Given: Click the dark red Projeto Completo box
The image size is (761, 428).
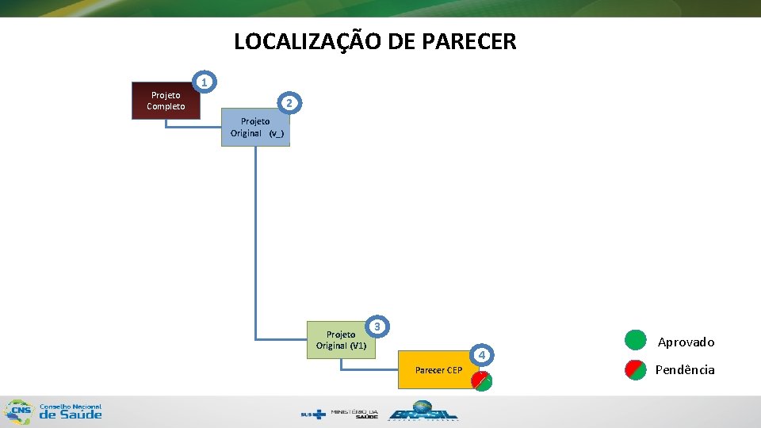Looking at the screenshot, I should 166,101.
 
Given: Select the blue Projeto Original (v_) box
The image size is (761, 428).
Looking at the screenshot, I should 255,127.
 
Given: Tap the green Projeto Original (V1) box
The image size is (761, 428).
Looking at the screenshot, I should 341,340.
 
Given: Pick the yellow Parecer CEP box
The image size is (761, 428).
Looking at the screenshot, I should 438,370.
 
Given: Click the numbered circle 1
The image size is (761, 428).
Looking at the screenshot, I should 205,82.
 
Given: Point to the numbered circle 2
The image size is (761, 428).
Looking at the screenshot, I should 290,103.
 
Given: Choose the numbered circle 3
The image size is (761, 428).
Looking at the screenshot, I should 378,326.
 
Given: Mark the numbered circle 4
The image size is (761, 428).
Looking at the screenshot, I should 482,354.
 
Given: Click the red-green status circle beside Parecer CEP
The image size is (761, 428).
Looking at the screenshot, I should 481,380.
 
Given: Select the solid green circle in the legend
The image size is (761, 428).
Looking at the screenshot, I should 636,340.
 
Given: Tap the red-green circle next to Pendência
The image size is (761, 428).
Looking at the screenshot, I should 636,369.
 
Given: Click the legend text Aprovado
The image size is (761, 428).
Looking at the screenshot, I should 686,342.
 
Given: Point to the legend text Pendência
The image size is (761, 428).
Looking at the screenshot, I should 685,370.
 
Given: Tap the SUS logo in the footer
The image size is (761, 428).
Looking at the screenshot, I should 313,414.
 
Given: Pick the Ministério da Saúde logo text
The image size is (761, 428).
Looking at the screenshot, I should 354,414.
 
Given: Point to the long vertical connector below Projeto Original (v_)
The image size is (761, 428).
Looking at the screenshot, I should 256,238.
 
